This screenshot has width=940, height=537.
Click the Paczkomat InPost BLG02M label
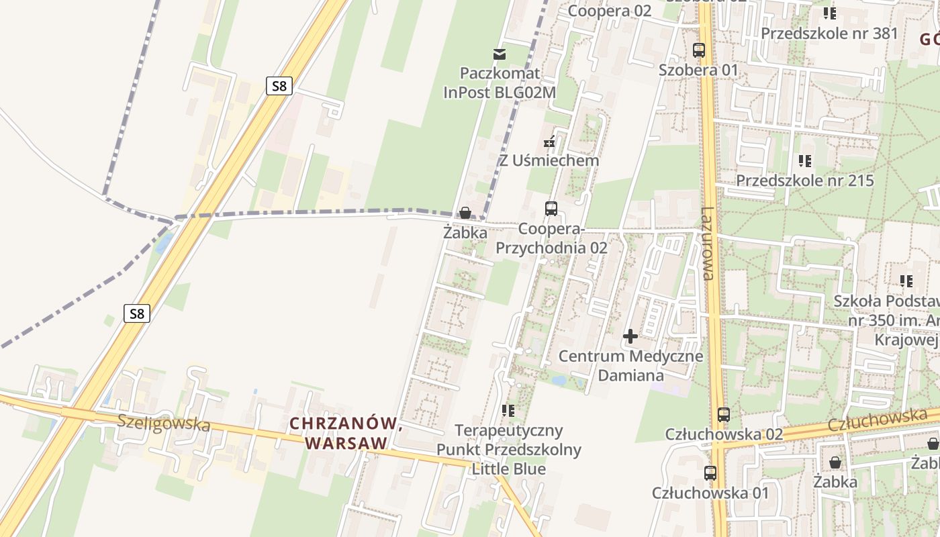click(500, 83)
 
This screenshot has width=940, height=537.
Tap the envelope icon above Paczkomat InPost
click(499, 54)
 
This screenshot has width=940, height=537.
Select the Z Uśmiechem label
click(549, 161)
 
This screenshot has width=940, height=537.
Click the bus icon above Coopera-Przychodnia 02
click(551, 208)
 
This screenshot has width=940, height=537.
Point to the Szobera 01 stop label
click(698, 70)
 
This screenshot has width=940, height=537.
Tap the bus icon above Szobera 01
click(699, 50)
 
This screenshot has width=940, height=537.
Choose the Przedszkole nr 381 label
click(829, 33)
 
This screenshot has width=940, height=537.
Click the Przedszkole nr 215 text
click(805, 181)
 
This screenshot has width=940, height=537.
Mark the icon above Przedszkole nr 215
click(805, 160)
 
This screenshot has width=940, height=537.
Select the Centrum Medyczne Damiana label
click(630, 365)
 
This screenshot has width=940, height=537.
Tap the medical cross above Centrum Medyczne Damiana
click(630, 336)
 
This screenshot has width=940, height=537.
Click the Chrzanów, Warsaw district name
click(346, 433)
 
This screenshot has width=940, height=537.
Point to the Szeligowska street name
click(164, 424)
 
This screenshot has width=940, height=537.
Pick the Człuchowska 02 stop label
click(724, 434)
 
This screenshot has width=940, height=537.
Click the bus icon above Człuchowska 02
click(723, 414)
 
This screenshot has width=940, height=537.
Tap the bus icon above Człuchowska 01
click(710, 473)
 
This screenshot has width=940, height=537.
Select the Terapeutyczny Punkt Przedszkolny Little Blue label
click(509, 449)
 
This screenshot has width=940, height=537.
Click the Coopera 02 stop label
click(610, 11)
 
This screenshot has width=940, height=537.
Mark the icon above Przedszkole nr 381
click(830, 13)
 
